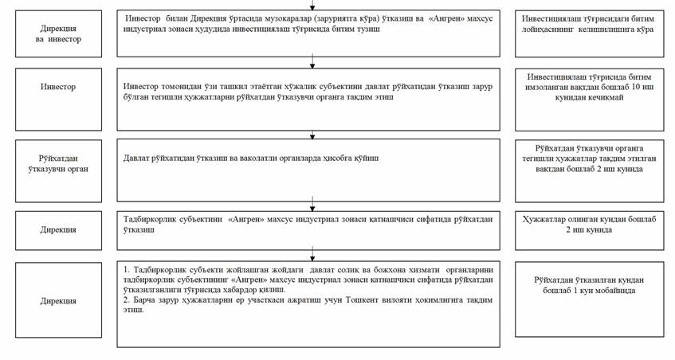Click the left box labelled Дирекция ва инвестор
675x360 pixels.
(x=52, y=33)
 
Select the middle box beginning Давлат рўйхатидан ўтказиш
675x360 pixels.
(x=314, y=170)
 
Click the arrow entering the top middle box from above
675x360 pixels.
(x=313, y=6)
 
